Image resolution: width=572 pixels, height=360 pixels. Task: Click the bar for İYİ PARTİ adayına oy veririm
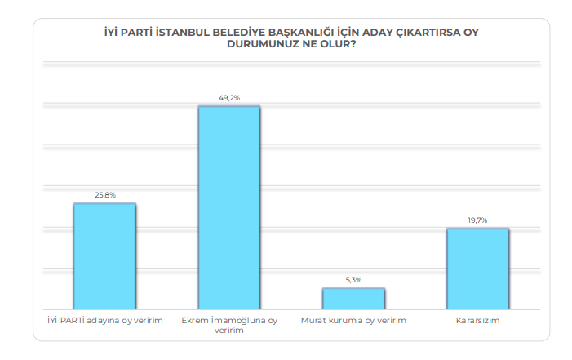pos(104,256)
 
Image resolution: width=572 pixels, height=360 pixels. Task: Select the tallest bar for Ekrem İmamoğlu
pos(229,207)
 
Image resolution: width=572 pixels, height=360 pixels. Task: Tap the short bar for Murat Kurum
pos(353,299)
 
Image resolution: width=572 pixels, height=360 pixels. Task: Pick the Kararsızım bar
pos(477,269)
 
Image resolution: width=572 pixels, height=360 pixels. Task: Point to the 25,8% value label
pos(104,195)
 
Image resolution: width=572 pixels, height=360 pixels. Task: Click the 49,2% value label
pos(229,98)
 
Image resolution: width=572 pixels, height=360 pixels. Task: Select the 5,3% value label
pos(353,280)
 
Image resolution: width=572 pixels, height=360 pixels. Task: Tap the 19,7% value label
pos(477,220)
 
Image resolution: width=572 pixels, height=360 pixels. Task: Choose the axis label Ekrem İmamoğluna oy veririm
pos(229,326)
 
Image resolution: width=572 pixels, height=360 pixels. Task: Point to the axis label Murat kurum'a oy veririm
pos(353,321)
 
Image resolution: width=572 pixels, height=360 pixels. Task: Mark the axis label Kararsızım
pos(477,321)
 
